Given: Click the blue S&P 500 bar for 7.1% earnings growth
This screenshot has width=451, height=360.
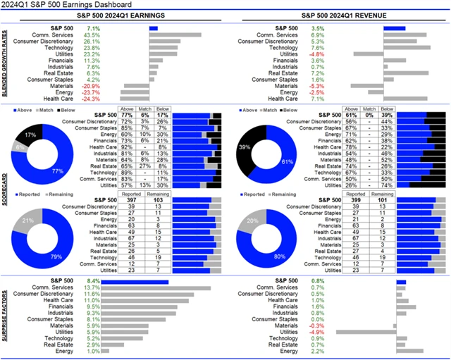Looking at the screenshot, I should [x=153, y=28].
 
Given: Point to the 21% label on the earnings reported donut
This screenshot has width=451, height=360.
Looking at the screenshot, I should [x=27, y=221].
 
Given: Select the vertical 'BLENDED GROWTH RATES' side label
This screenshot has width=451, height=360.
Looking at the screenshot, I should [x=5, y=63].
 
